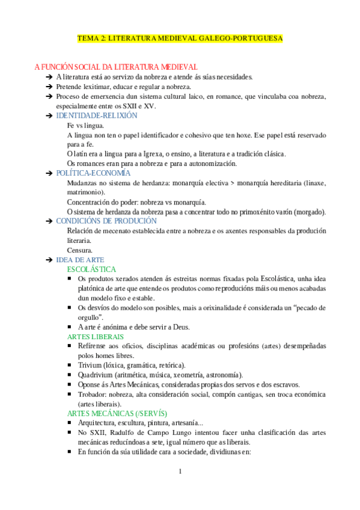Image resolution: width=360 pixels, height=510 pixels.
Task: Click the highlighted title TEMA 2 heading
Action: (x=180, y=38)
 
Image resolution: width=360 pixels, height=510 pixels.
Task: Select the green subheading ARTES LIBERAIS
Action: (x=96, y=337)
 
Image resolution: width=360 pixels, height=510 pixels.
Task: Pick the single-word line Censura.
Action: (x=79, y=250)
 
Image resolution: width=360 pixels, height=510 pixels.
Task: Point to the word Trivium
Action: (x=91, y=365)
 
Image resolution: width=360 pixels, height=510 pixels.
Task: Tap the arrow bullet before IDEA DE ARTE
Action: (x=48, y=260)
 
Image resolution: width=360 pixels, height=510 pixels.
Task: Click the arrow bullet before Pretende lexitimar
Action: (x=48, y=87)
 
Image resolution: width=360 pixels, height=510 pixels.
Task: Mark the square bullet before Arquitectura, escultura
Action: (x=72, y=423)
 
